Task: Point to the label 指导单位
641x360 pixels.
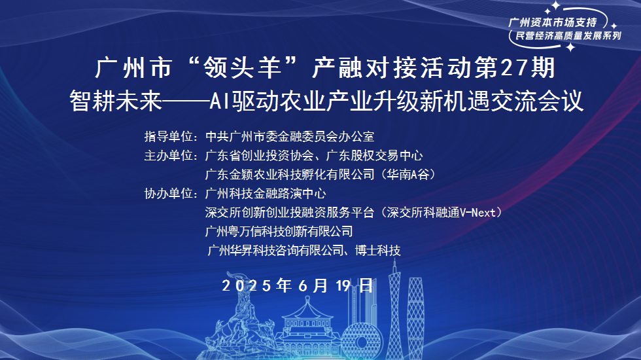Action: (169, 137)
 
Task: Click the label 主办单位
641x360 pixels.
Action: (169, 156)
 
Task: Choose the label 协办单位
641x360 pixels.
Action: (169, 194)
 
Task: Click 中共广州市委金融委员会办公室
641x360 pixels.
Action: (289, 137)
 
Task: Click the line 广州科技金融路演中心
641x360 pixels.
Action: (265, 194)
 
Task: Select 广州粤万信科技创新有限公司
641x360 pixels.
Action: (279, 231)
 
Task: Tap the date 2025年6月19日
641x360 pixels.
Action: (298, 285)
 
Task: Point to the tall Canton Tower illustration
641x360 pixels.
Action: (394, 301)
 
